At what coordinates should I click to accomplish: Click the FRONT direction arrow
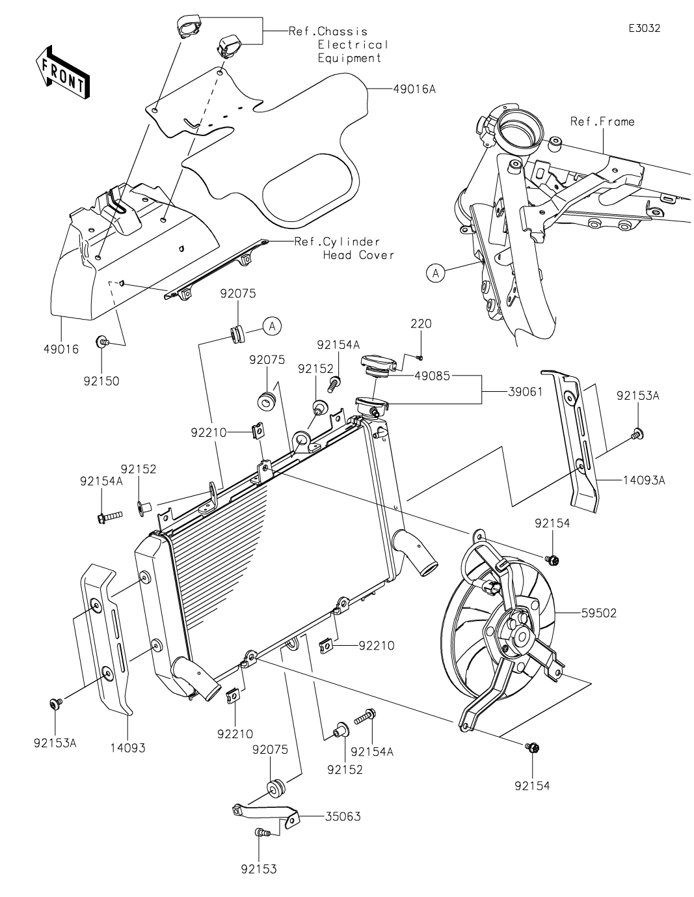point(62,73)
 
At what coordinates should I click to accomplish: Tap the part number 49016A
point(414,89)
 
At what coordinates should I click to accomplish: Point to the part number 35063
point(342,816)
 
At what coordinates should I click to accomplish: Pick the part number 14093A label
point(644,480)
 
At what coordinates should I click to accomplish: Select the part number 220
point(420,324)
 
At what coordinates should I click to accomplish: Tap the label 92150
point(101,381)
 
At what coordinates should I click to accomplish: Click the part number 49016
point(58,350)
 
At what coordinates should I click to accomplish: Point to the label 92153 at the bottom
point(259,868)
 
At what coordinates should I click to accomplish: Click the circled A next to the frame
point(436,273)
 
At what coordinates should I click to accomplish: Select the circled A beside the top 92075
point(273,325)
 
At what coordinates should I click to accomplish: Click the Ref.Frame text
point(602,121)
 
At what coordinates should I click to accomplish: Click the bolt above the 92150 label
point(102,341)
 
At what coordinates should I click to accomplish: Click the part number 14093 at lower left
point(127,748)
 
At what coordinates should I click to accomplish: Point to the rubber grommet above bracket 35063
point(275,788)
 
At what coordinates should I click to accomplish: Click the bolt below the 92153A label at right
point(637,433)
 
